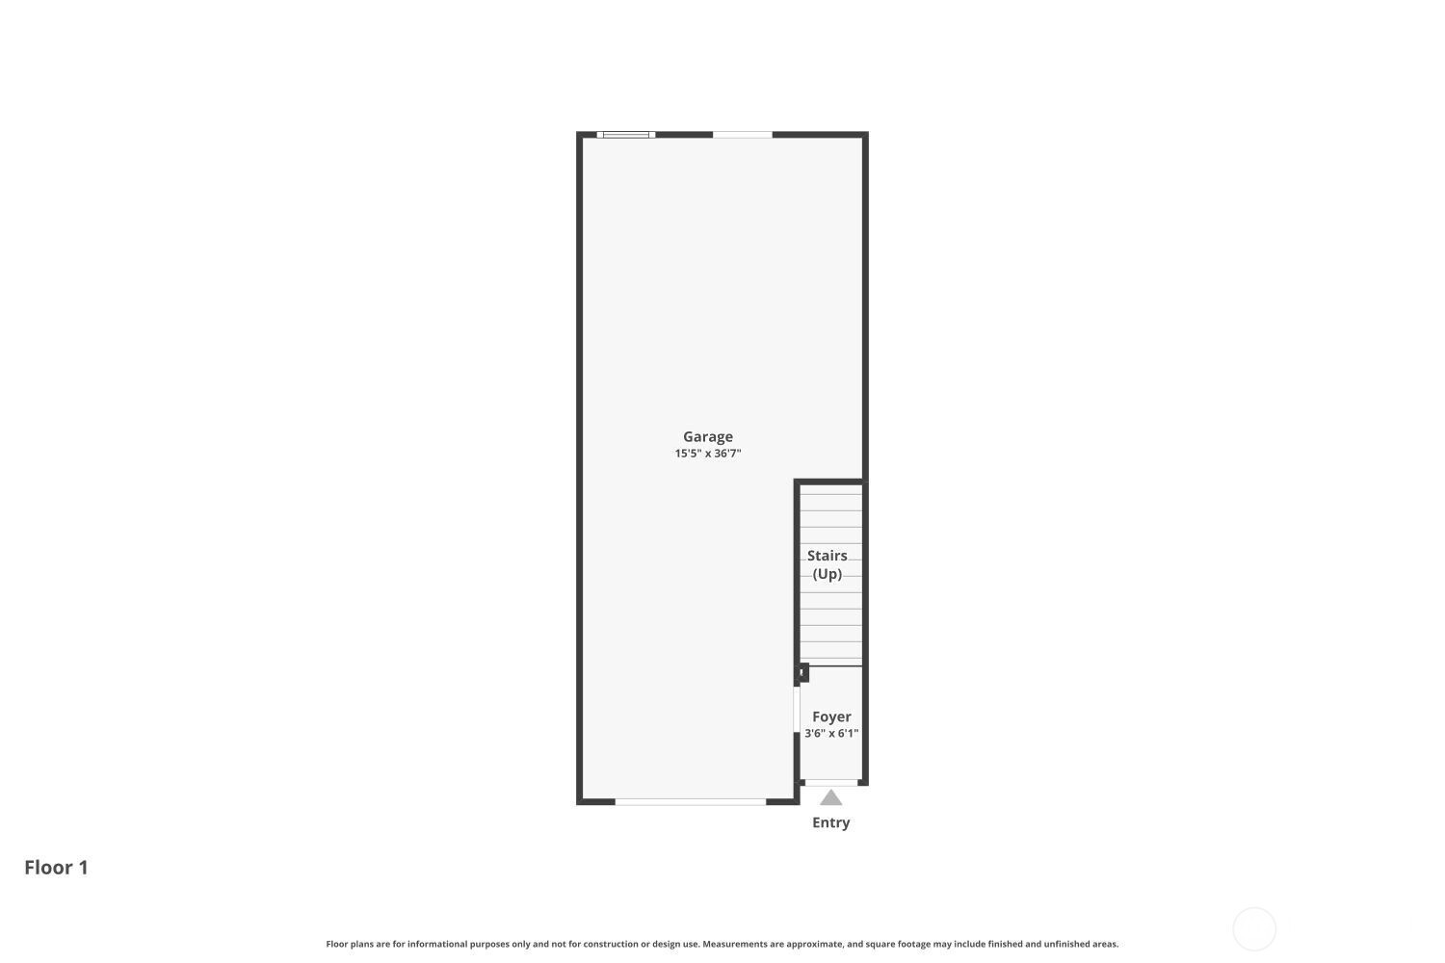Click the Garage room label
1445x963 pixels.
(708, 437)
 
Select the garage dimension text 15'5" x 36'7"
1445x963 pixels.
(708, 454)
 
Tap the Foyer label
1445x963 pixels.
(831, 716)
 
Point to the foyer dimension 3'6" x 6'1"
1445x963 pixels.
(831, 734)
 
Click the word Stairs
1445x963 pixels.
(827, 556)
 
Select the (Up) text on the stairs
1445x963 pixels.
(827, 574)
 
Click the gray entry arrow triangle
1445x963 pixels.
(830, 798)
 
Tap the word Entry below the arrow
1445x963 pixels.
(830, 822)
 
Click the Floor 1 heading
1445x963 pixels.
(56, 868)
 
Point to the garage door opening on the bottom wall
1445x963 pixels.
(691, 802)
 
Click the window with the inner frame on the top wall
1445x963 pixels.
(626, 135)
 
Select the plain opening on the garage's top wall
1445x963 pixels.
(743, 135)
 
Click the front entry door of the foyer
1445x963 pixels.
(831, 782)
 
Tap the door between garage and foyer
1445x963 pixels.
(797, 710)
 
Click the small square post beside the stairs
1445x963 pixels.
(803, 673)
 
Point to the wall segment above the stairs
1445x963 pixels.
(830, 481)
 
